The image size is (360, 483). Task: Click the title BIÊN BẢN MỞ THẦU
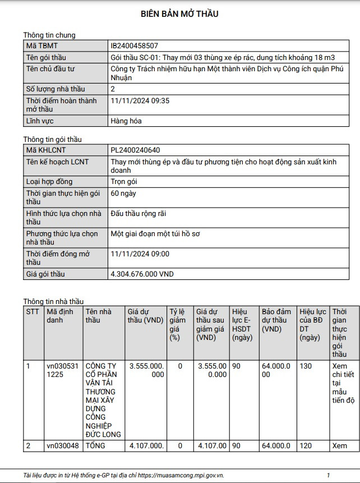(x=179, y=14)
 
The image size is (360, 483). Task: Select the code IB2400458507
(x=135, y=46)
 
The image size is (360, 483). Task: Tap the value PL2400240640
(x=135, y=150)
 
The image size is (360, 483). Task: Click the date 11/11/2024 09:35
(x=140, y=101)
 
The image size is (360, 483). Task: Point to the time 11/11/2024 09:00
(x=140, y=254)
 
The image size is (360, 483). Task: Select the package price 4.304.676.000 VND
(x=142, y=274)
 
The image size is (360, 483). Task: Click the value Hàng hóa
(x=126, y=121)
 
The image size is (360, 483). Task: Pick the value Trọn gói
(x=124, y=182)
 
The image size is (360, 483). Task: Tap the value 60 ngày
(x=123, y=194)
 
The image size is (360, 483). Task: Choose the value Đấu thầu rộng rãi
(x=139, y=214)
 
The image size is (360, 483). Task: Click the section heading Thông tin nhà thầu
(x=53, y=301)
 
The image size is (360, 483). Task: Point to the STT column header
(x=33, y=312)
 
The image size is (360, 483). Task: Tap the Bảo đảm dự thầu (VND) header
(x=276, y=320)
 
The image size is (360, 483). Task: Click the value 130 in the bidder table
(x=306, y=366)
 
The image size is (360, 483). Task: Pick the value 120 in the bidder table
(x=306, y=446)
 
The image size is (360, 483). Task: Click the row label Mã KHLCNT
(x=46, y=150)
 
